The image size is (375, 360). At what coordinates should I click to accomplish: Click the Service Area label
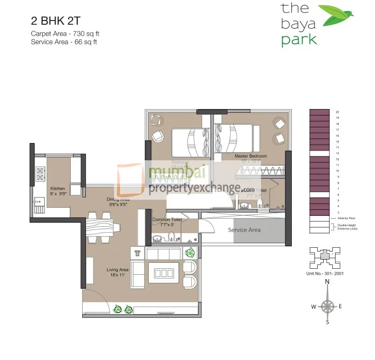244,230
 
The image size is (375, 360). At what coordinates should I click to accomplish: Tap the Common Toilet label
166,220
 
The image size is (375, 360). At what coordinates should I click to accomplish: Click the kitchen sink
39,206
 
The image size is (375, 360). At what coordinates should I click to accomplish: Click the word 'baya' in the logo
296,24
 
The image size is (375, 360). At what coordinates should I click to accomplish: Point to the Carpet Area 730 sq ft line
65,33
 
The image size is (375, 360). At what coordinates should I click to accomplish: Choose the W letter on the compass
313,307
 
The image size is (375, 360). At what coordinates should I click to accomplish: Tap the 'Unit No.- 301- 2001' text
325,274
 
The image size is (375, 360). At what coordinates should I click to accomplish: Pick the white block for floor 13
319,153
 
